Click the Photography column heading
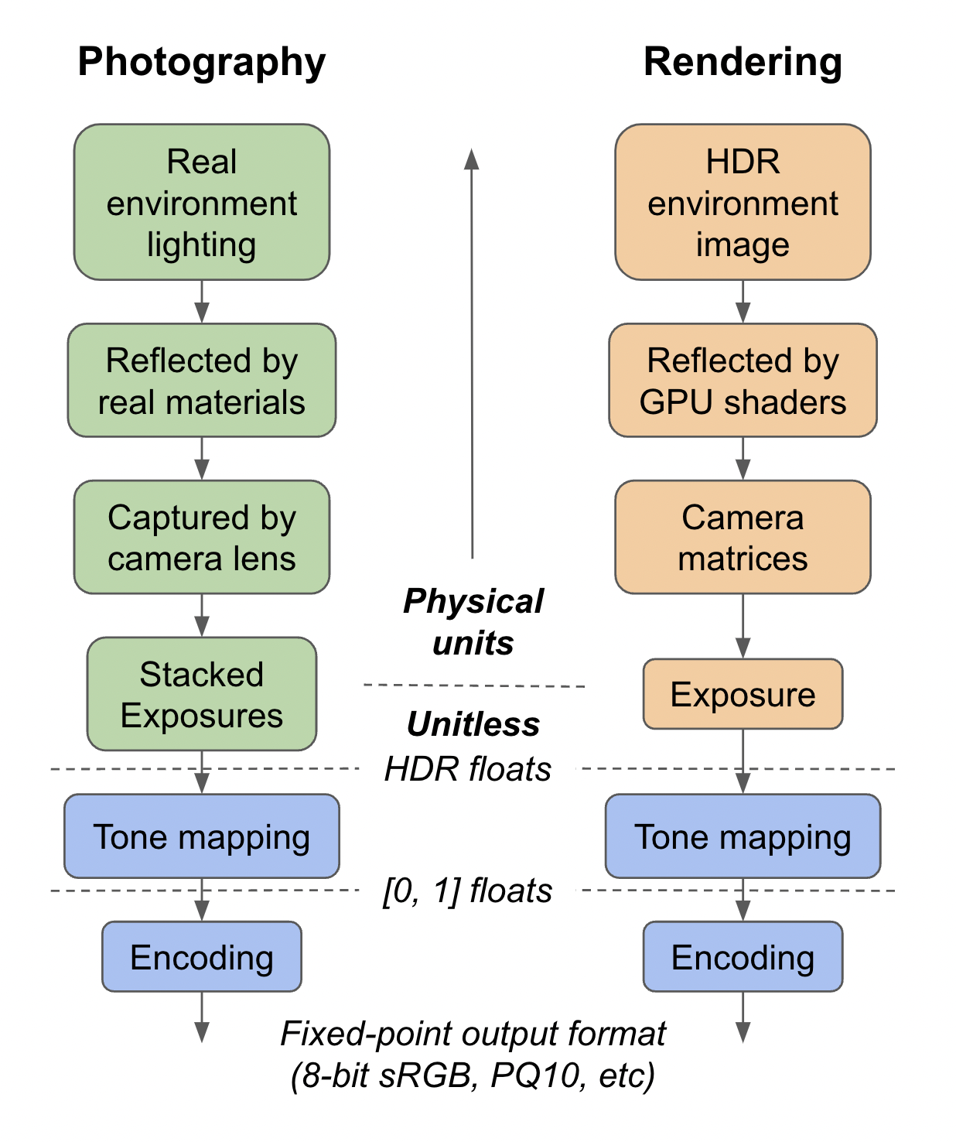[201, 62]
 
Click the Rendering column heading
[743, 62]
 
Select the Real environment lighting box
[202, 203]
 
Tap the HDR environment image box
[743, 203]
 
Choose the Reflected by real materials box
[202, 381]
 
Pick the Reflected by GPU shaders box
[743, 381]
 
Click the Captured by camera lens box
[202, 538]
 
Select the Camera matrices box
[743, 538]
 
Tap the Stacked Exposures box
[202, 694]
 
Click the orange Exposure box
[743, 694]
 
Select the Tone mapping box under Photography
[202, 836]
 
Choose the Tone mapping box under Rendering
[743, 836]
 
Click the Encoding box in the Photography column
[202, 957]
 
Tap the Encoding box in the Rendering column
[743, 957]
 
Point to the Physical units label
[473, 622]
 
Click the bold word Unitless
[473, 724]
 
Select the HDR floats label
[468, 769]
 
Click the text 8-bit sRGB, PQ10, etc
[473, 1075]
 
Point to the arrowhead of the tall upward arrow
[472, 159]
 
